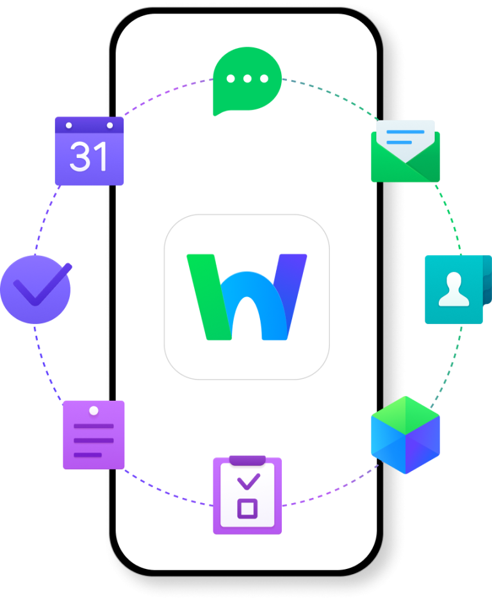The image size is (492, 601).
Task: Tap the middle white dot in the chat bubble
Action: (x=247, y=79)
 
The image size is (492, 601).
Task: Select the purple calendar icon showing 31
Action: (x=90, y=151)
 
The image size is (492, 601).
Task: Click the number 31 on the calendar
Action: (x=88, y=156)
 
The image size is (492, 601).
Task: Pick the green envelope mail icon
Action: (x=406, y=151)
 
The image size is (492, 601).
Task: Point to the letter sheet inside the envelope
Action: (x=406, y=140)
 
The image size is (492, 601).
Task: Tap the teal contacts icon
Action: (x=458, y=289)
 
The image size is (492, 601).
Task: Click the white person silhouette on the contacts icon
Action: (x=454, y=289)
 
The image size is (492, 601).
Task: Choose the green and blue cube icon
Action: (x=406, y=435)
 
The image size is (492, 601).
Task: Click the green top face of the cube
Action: (x=406, y=415)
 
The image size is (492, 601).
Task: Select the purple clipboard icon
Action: (x=247, y=495)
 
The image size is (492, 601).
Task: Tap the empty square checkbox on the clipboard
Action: (x=247, y=509)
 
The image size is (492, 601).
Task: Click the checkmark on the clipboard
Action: (x=249, y=482)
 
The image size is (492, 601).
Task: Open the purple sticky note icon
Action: (x=94, y=435)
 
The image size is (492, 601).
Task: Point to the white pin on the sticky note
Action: (x=94, y=411)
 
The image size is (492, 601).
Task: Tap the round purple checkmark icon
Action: (x=36, y=289)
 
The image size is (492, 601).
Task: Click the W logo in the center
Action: (x=247, y=297)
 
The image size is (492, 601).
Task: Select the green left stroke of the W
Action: (x=209, y=297)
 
